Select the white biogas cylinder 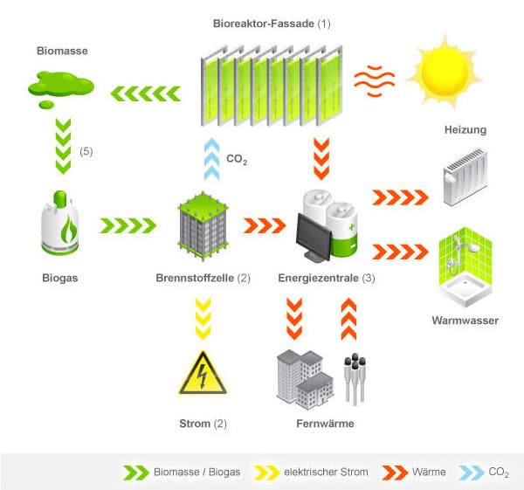tap(61, 226)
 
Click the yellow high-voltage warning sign tap(202, 373)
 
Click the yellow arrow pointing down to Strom tap(202, 319)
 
